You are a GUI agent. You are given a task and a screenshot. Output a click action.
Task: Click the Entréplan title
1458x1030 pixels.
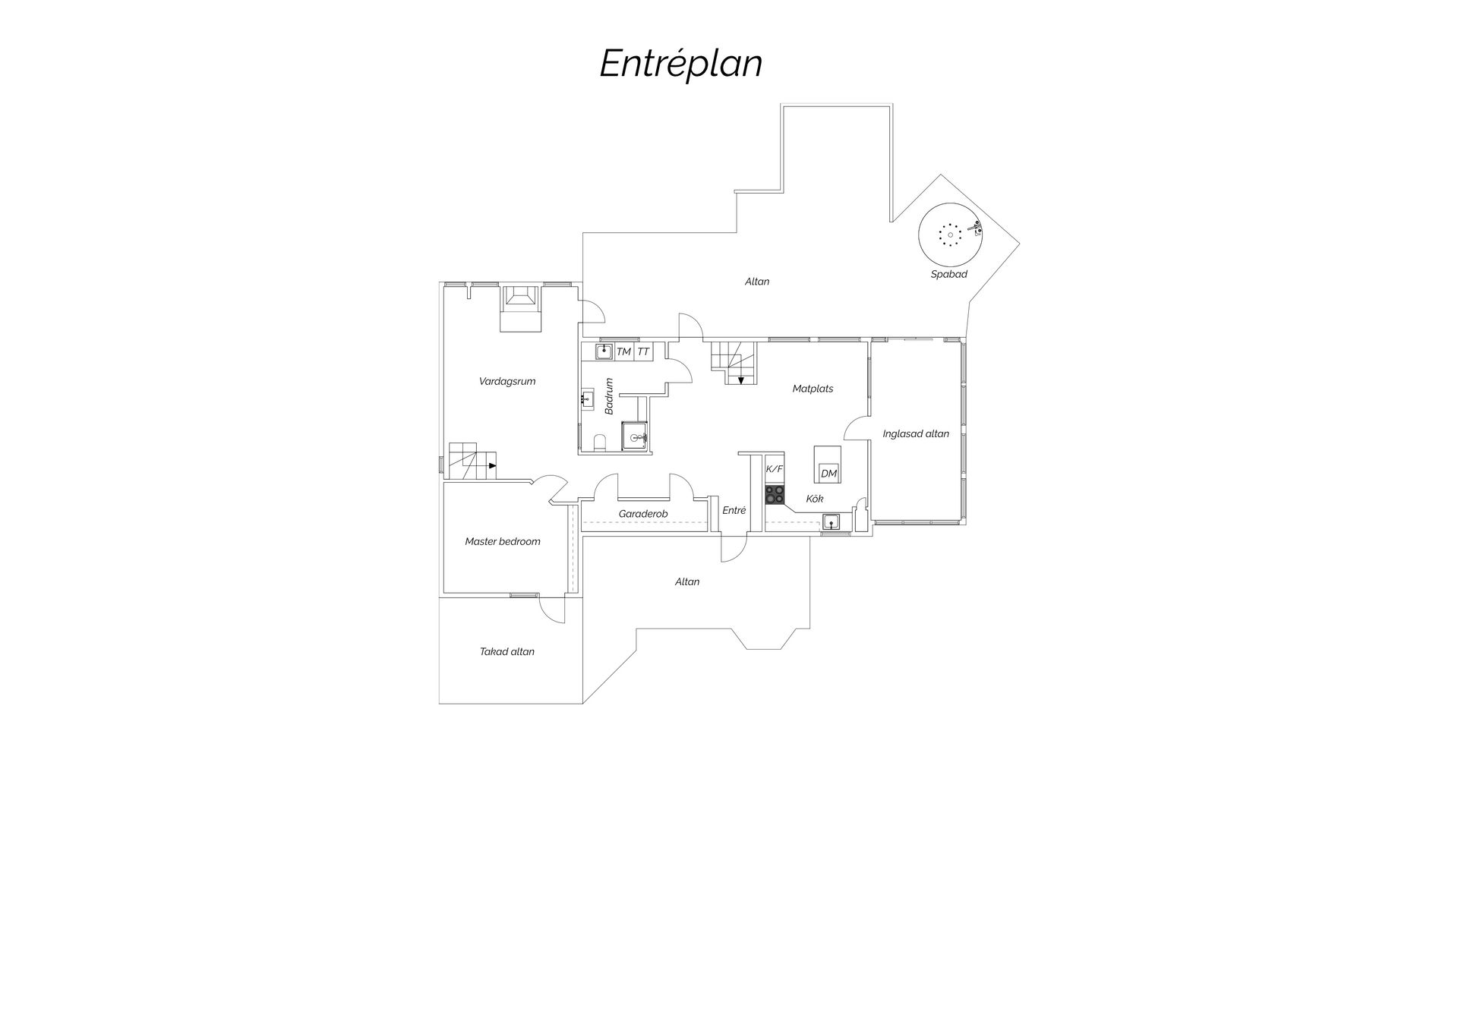coord(680,64)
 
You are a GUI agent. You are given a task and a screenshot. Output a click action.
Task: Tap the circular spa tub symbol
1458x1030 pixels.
coord(950,235)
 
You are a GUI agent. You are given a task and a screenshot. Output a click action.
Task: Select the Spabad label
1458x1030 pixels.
coord(948,274)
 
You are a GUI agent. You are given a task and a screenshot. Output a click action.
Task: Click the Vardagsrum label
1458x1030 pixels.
coord(507,381)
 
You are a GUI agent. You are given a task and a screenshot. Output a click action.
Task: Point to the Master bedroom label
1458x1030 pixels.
coord(503,541)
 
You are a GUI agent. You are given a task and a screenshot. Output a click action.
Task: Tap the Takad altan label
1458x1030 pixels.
coord(507,651)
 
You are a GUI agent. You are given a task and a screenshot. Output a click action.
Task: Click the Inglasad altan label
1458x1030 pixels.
coord(916,434)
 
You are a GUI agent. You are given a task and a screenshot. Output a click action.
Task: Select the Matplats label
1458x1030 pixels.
coord(813,389)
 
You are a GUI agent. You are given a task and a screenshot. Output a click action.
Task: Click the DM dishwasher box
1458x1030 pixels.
coord(828,474)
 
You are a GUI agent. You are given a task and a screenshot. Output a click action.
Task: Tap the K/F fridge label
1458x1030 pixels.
coord(774,469)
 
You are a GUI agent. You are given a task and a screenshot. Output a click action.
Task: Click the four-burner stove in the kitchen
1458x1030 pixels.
coord(775,494)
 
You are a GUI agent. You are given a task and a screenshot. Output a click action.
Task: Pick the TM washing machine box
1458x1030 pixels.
coord(624,351)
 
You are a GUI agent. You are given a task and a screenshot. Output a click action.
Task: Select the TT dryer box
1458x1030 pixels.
coord(643,351)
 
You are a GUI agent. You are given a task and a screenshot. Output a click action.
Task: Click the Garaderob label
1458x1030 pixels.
coord(643,514)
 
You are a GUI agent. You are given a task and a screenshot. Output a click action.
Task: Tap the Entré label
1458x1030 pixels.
coord(734,510)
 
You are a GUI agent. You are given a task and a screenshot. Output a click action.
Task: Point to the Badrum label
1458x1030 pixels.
coord(609,396)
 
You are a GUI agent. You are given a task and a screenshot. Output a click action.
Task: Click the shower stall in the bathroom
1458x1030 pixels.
coord(635,436)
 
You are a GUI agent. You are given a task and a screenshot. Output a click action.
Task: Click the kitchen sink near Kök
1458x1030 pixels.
coord(832,521)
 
